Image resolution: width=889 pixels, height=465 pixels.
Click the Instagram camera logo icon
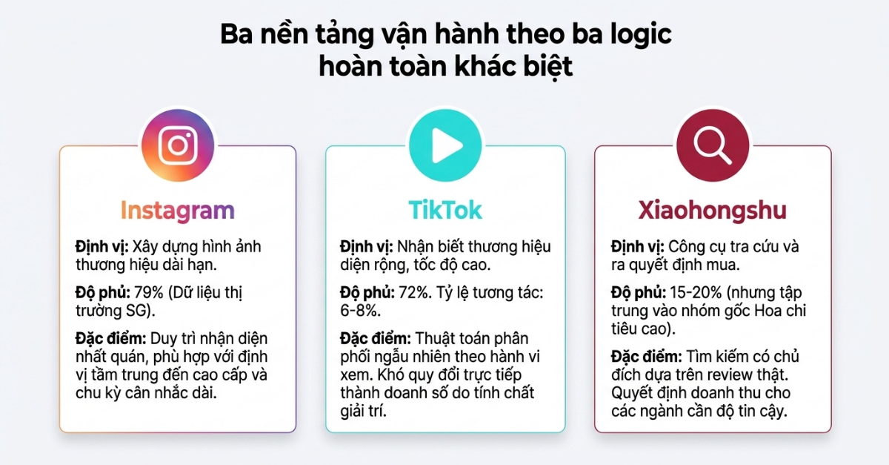[x=177, y=145]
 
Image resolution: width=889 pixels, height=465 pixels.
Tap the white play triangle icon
[x=447, y=145]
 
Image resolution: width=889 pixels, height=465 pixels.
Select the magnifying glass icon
[x=713, y=146]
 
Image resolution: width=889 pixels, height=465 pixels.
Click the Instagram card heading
[x=177, y=210]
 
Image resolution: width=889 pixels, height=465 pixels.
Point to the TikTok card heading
[x=445, y=210]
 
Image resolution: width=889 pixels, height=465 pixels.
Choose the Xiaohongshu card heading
[x=713, y=210]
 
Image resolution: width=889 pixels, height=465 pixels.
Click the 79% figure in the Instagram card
[x=149, y=292]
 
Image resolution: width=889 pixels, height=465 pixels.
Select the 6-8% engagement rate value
[x=360, y=311]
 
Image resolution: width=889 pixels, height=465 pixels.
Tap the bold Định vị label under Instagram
[x=102, y=247]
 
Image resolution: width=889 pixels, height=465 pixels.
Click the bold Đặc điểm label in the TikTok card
[x=376, y=339]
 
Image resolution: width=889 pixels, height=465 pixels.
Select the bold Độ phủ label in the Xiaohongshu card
[x=639, y=293]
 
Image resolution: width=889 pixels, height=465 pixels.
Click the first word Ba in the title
[x=236, y=35]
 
